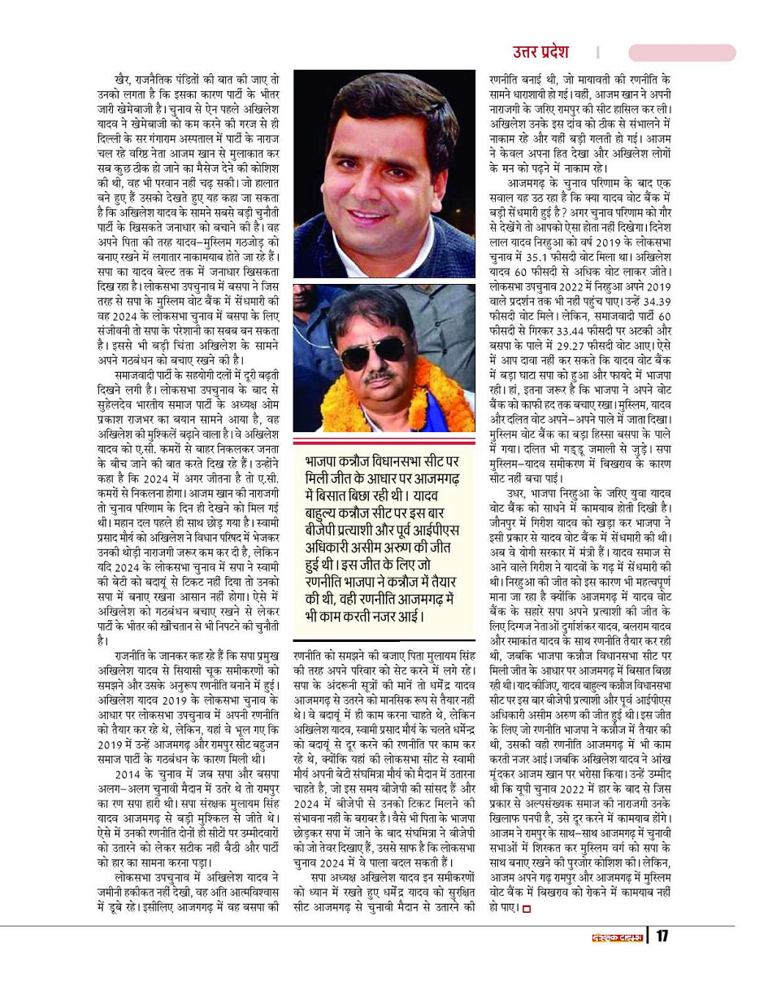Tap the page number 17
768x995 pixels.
click(662, 936)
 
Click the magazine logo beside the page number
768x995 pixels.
click(615, 936)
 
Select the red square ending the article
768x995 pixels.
click(526, 908)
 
